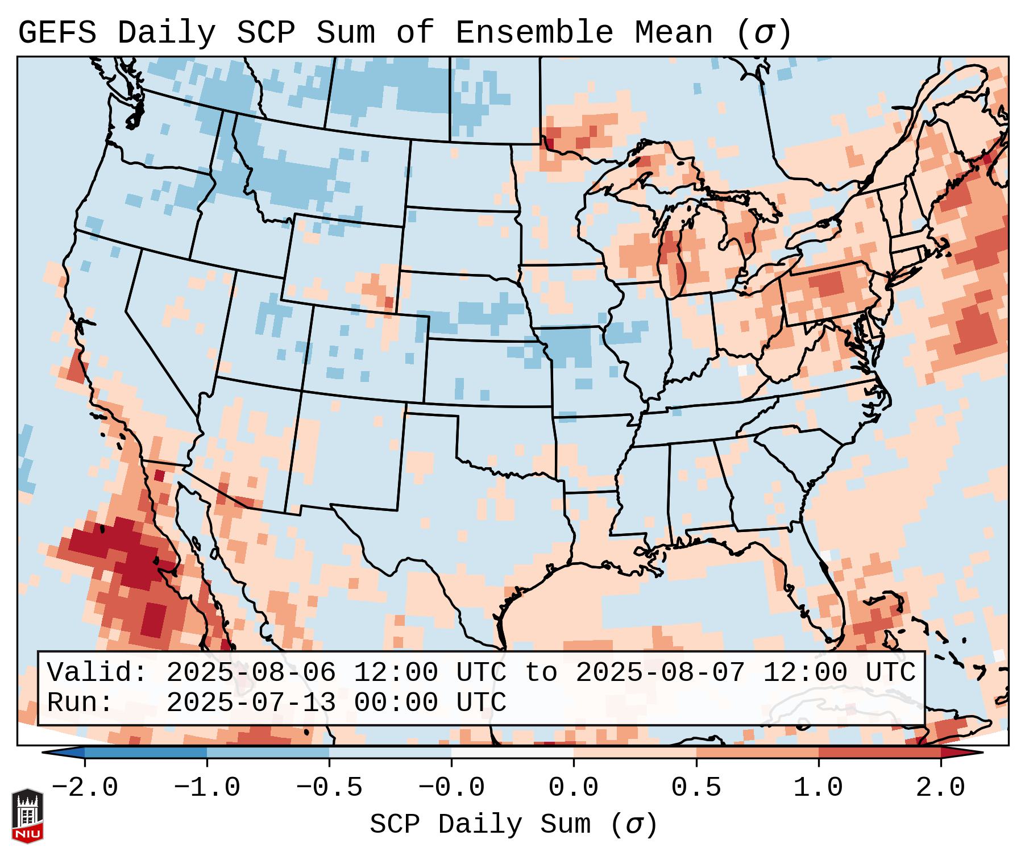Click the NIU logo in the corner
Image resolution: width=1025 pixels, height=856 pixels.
click(27, 816)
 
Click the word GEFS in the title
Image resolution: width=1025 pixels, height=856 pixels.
click(57, 33)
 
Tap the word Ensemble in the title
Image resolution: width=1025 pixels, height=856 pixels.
click(534, 33)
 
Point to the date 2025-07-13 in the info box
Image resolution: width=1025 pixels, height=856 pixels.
click(251, 703)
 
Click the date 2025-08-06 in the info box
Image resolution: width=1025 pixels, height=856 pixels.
click(251, 673)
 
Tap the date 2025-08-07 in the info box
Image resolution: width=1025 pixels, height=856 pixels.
click(660, 673)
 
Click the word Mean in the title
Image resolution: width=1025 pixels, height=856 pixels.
click(674, 33)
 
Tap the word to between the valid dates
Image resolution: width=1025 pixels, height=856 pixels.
click(541, 673)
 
